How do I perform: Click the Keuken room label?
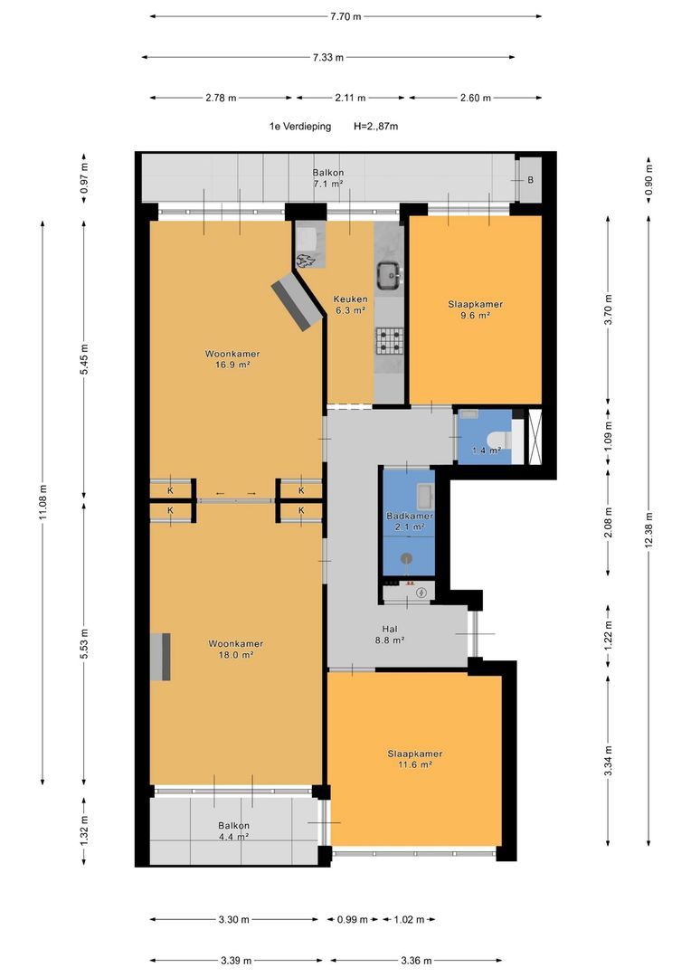[350, 299]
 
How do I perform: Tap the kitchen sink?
[391, 275]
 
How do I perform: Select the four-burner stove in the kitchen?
[390, 341]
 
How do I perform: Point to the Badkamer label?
[410, 516]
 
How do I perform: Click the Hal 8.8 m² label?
[390, 634]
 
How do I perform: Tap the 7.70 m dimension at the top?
[345, 17]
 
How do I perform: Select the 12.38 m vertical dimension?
[648, 529]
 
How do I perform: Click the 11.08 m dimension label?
[43, 501]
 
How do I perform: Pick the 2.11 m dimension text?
[350, 98]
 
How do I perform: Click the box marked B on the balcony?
[530, 180]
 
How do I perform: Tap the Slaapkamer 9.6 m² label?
[476, 309]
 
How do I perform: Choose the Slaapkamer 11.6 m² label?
[415, 759]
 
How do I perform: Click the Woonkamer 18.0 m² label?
[235, 650]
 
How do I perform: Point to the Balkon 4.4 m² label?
[233, 831]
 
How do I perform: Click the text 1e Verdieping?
[299, 127]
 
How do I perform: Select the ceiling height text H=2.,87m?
[375, 127]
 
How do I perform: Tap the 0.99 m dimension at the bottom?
[353, 919]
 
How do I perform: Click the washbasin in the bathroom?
[426, 496]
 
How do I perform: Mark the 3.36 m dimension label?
[416, 961]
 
